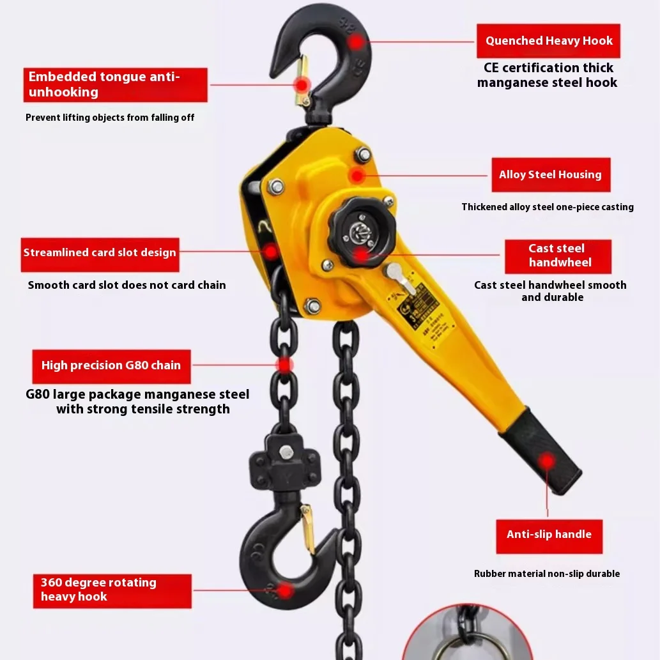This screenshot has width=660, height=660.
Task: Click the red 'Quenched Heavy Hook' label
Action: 548,41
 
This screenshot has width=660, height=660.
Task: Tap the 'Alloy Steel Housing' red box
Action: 550,175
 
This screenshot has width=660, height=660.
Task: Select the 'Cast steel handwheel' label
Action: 557,256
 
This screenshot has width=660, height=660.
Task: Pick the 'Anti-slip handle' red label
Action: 549,535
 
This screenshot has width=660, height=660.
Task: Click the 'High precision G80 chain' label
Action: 111,366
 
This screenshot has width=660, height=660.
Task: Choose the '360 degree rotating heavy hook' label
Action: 112,590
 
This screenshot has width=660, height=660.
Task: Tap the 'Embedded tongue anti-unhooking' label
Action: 116,85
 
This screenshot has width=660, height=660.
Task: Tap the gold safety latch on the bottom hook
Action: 308,528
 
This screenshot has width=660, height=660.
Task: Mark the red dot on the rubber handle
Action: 546,461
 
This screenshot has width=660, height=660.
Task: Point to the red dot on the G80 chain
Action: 284,365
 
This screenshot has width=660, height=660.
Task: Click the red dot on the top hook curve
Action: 356,42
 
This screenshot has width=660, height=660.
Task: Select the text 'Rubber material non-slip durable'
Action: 547,574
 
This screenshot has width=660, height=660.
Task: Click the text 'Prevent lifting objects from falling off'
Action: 110,118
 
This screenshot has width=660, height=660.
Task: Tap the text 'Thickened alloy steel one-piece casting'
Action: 548,207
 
